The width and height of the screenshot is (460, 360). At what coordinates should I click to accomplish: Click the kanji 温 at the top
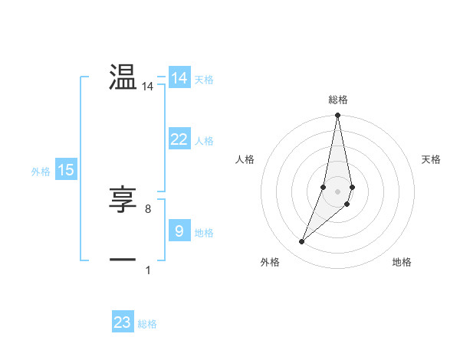click(123, 77)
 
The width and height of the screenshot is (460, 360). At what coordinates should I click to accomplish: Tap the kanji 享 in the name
click(123, 200)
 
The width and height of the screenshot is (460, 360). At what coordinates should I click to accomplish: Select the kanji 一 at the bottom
click(123, 260)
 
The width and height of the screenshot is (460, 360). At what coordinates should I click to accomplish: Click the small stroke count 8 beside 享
click(148, 208)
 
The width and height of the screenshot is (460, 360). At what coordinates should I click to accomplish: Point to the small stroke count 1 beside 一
click(148, 270)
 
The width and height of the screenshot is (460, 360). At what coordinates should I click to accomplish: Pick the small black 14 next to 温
click(148, 87)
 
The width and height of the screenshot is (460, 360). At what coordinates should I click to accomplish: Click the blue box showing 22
click(179, 139)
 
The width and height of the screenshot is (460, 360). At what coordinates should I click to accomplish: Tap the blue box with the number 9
click(179, 231)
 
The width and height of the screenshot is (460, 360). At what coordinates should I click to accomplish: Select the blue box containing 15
click(66, 171)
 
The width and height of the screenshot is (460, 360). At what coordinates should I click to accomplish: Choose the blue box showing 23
click(123, 322)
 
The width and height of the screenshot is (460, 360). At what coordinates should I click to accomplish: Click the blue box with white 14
click(179, 78)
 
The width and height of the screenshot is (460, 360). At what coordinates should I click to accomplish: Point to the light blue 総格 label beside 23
click(147, 324)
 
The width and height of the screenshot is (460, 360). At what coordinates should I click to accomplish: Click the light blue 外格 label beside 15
click(41, 172)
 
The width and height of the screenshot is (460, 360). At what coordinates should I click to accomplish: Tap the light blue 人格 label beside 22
click(205, 141)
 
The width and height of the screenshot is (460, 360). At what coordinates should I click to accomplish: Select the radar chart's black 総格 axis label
click(338, 100)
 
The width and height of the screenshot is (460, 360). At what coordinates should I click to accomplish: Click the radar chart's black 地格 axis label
click(402, 263)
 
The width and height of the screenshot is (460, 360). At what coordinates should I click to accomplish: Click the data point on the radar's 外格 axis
click(302, 242)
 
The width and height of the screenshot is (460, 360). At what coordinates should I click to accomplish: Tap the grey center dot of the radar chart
click(338, 191)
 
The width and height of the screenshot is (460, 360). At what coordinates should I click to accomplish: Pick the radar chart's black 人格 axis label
click(245, 159)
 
